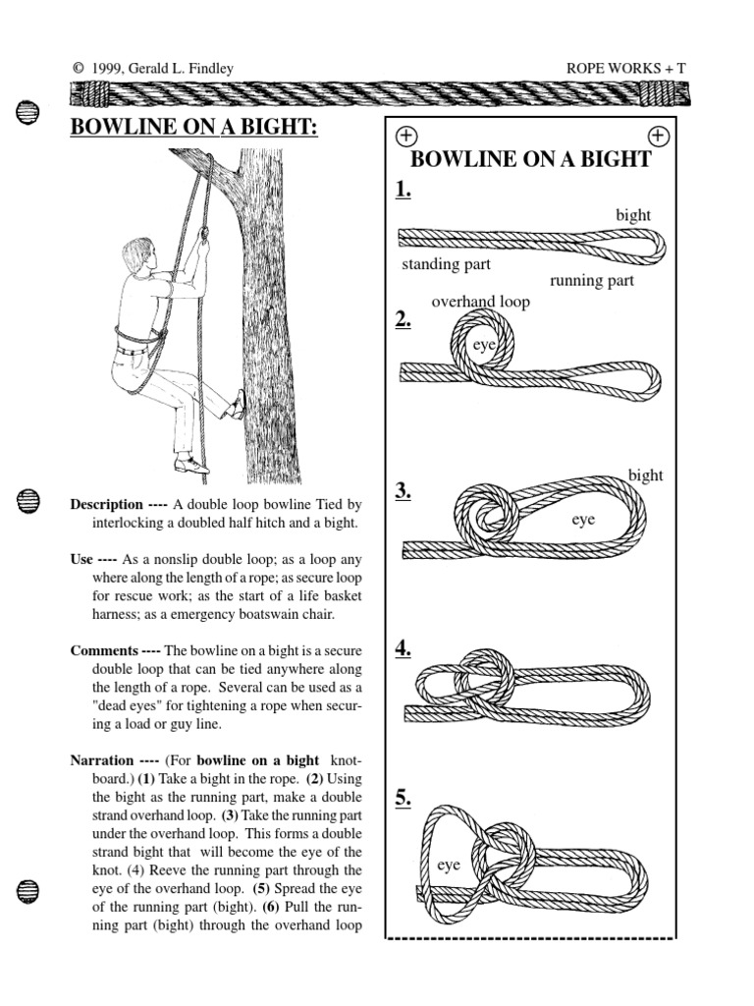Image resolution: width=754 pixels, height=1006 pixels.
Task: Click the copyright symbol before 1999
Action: (x=77, y=68)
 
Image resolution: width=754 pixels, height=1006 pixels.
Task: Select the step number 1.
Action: (x=404, y=190)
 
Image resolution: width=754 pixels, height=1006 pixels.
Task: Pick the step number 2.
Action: (x=404, y=319)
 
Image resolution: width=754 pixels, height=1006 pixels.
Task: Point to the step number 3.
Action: (x=404, y=492)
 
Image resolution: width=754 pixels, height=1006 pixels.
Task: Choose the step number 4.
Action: (x=404, y=647)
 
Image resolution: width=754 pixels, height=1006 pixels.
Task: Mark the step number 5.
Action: (x=404, y=798)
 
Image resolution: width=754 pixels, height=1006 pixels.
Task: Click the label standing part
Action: (x=446, y=264)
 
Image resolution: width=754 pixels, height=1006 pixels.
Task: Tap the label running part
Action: (x=591, y=281)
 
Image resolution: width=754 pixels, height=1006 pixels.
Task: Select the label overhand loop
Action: (x=480, y=302)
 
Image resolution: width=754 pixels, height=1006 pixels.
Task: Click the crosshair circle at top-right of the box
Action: (x=659, y=136)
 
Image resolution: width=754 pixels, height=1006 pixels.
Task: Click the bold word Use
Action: (x=81, y=559)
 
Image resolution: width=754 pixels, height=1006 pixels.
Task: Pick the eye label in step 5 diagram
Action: (x=449, y=866)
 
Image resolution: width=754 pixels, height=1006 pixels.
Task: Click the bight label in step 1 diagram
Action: (x=633, y=215)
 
